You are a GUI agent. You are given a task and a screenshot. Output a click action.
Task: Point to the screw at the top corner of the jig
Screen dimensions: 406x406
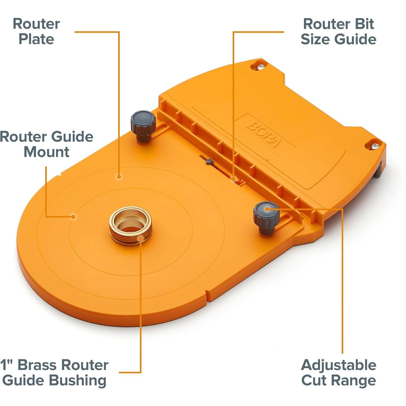point(261,66)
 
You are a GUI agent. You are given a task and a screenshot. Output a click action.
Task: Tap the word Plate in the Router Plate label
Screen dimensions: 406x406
point(36,39)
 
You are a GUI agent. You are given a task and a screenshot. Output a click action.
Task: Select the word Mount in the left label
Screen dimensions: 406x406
point(46,152)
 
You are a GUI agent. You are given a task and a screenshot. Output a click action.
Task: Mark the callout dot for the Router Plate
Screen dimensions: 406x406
point(119,177)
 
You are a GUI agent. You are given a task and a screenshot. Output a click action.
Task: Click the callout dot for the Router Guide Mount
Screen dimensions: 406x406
point(73,216)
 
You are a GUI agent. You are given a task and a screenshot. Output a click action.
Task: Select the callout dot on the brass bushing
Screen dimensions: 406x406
point(140,238)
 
